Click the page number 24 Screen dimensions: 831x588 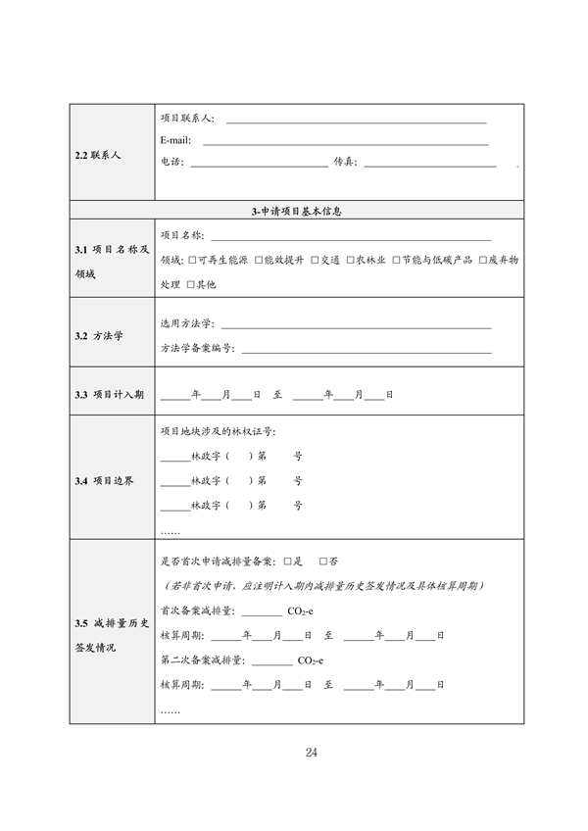(x=312, y=753)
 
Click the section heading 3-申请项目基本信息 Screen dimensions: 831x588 (x=295, y=211)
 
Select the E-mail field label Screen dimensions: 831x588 (x=175, y=140)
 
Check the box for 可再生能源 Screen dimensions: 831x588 (x=191, y=260)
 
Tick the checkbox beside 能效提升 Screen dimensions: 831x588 (x=258, y=260)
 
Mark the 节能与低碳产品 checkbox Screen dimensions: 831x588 (x=396, y=260)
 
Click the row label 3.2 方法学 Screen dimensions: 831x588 (x=99, y=336)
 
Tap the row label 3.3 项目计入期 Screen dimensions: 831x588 (x=110, y=395)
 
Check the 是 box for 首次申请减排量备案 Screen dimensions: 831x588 (x=286, y=562)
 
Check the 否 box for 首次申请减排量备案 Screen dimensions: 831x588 (x=322, y=562)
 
